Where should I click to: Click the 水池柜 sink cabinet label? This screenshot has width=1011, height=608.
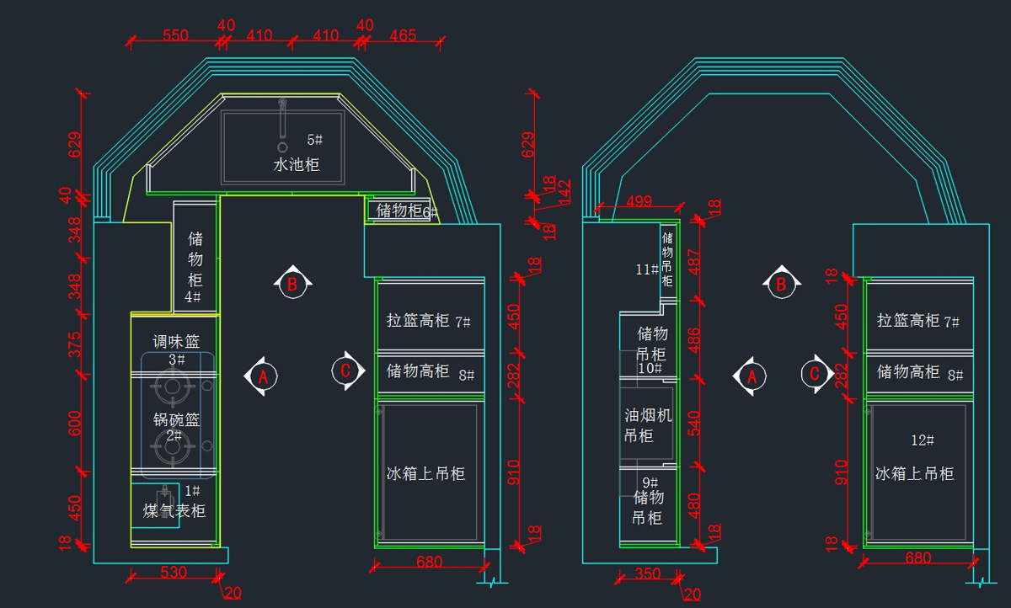[x=297, y=165]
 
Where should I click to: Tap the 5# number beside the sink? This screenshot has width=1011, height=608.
[x=314, y=139]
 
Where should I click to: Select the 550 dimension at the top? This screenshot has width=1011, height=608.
[x=175, y=35]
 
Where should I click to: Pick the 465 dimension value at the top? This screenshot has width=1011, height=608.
[x=403, y=35]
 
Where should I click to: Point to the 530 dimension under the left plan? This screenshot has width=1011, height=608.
[x=174, y=573]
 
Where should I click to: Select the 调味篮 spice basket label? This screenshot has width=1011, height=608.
[x=176, y=342]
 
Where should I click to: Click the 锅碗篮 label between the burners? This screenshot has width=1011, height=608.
[x=176, y=419]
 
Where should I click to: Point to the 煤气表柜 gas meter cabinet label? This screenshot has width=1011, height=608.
[x=174, y=511]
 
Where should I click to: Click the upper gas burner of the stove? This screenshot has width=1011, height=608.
[x=171, y=388]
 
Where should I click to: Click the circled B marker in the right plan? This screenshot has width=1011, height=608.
[x=780, y=284]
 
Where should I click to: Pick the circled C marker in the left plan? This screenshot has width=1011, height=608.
[x=344, y=370]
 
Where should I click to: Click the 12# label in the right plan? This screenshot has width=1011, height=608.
[x=923, y=440]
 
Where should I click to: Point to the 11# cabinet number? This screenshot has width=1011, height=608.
[x=647, y=270]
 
